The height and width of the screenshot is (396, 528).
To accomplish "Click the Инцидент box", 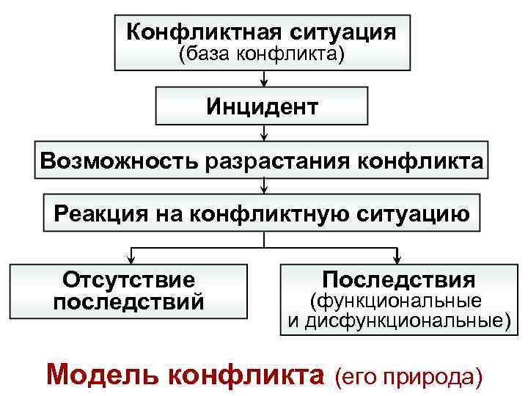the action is [262, 107].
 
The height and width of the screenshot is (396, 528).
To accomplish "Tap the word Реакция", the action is [100, 213].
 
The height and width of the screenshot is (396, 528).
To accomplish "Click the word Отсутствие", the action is [129, 280].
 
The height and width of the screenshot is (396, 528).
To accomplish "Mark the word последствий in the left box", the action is [129, 302].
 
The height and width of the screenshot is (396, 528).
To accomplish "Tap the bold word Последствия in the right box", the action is [398, 279].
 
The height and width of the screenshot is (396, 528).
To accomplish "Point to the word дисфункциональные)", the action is [407, 320].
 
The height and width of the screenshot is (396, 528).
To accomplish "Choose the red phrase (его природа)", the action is [408, 376].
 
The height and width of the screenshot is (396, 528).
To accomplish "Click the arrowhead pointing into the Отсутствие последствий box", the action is [131, 257].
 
